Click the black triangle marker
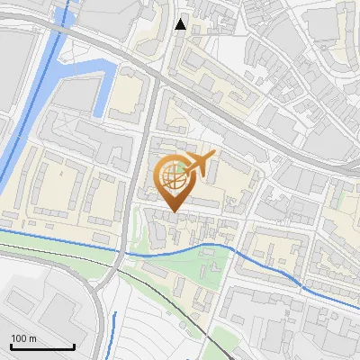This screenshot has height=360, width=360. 181,24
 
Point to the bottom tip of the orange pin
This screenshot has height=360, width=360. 174,212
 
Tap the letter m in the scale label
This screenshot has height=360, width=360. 32,339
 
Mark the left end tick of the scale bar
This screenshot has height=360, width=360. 10,346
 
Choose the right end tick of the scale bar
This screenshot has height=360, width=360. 74,346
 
